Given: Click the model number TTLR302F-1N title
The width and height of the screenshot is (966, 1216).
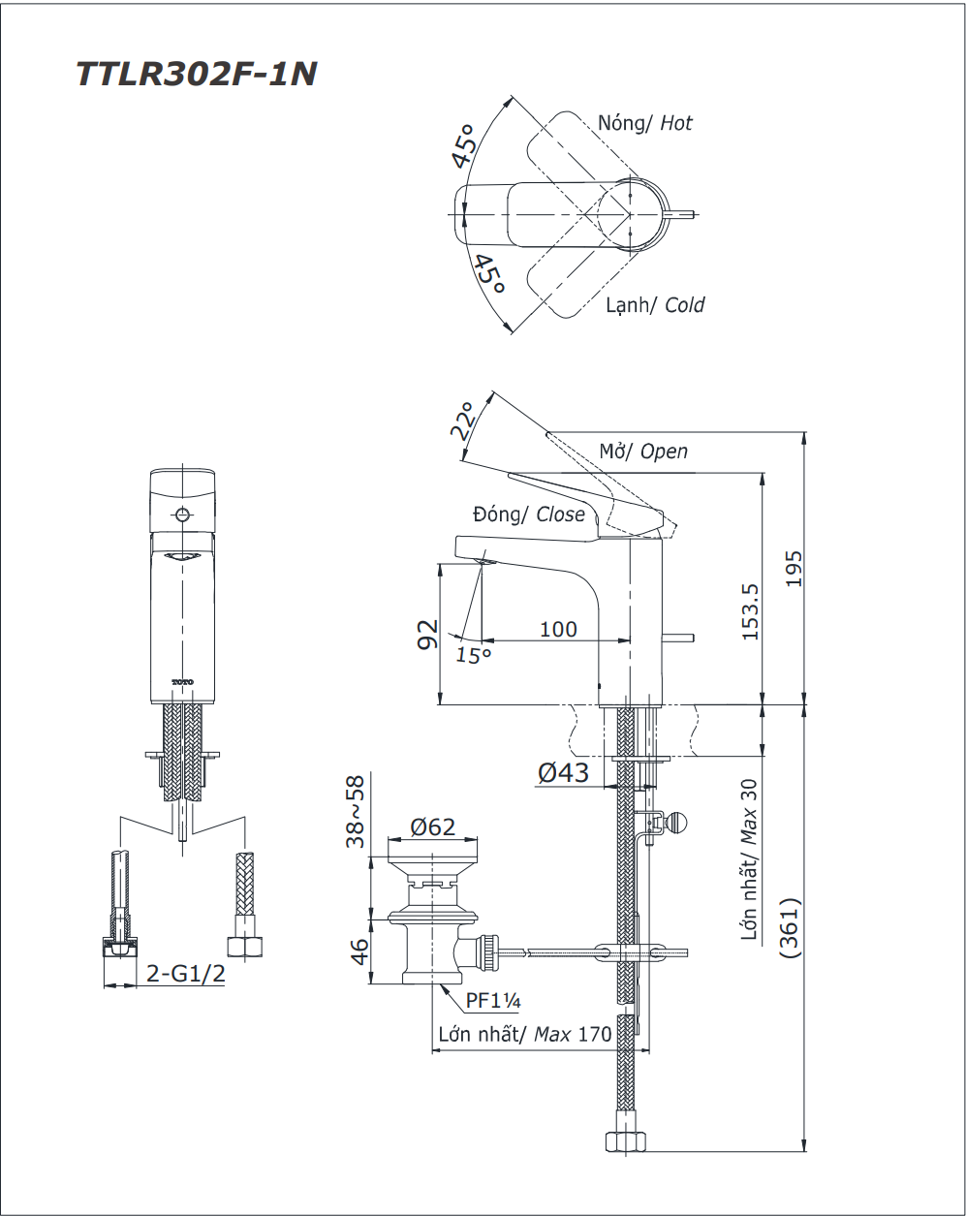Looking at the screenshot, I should point(196,74).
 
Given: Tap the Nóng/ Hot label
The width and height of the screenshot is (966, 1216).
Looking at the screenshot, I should point(644,123).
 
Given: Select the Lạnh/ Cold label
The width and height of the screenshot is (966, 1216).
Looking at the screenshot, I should point(655,305).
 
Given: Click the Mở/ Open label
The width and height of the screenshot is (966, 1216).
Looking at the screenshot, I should point(643,452).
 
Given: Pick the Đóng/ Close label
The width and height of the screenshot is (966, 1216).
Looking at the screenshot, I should point(529,514).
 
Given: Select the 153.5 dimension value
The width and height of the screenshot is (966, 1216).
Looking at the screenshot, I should point(748,611).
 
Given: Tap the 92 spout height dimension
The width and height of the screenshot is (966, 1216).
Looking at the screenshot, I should point(427,635).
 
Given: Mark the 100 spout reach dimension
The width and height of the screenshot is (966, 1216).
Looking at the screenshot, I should point(558,629).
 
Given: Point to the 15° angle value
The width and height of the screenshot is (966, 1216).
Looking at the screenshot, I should point(474,655).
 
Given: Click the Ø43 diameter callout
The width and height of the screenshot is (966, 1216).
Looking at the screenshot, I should point(563,772).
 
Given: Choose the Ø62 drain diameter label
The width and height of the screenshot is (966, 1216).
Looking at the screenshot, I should point(432,826).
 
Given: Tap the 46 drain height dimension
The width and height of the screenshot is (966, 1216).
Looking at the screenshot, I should point(358,951).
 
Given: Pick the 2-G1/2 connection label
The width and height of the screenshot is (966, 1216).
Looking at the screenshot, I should point(186,974).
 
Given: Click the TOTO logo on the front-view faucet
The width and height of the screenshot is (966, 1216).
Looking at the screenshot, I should point(182,682).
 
